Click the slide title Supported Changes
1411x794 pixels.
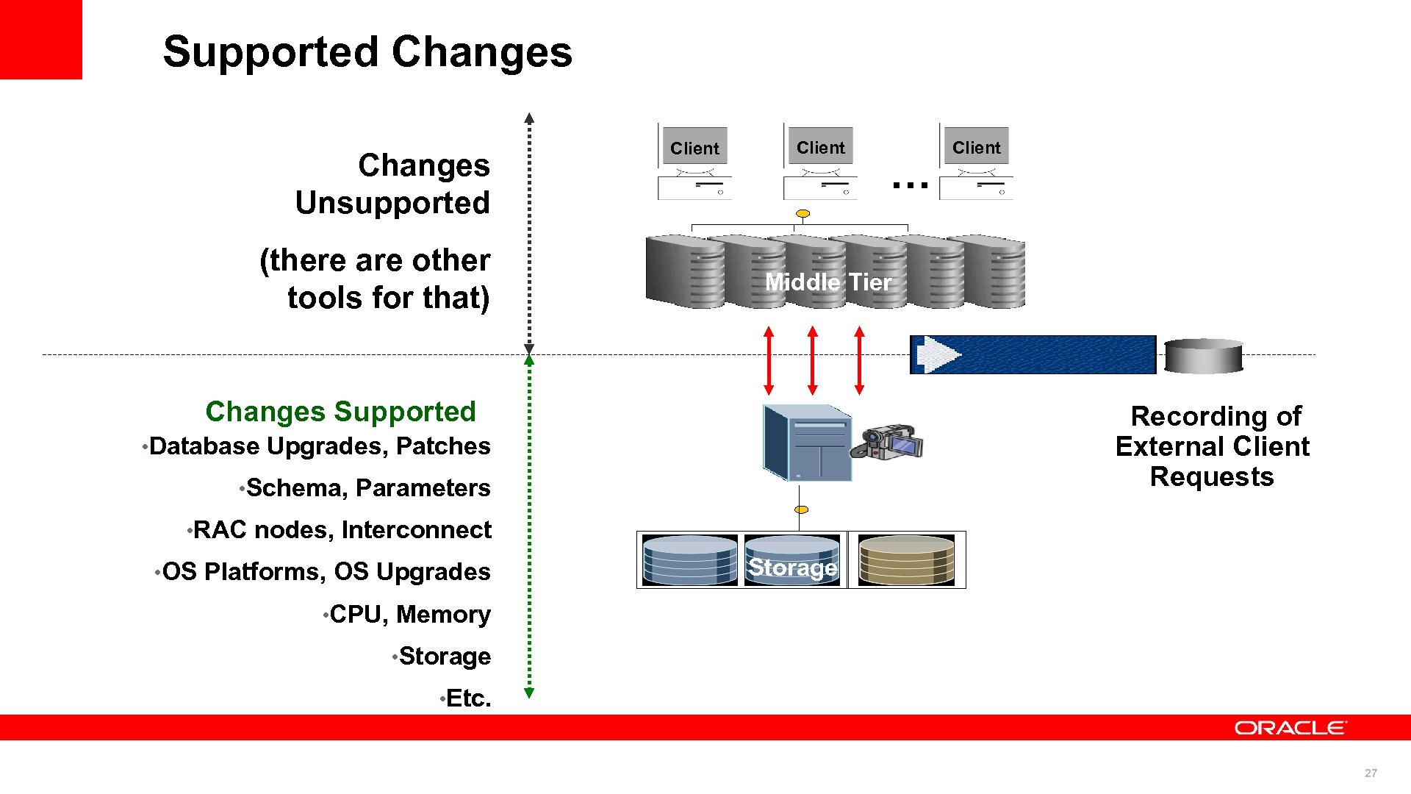(367, 52)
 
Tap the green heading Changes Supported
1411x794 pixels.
(340, 412)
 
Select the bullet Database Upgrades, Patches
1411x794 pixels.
(319, 446)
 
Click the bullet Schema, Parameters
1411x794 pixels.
(367, 488)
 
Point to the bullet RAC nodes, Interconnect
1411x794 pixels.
(342, 530)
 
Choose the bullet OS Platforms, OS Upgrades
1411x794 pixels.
(326, 572)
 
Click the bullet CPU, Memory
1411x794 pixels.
(409, 615)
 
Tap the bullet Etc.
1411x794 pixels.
(468, 698)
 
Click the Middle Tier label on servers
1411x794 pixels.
(828, 282)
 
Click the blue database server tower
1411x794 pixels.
(806, 443)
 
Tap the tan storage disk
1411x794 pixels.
(906, 560)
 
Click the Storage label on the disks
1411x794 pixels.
(792, 568)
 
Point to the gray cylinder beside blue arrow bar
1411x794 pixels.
(1203, 356)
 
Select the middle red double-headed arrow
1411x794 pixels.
(812, 360)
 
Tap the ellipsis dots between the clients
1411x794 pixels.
(910, 185)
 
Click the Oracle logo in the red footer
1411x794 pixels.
(1290, 728)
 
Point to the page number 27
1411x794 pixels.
(1371, 773)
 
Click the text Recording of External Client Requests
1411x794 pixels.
(1213, 446)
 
